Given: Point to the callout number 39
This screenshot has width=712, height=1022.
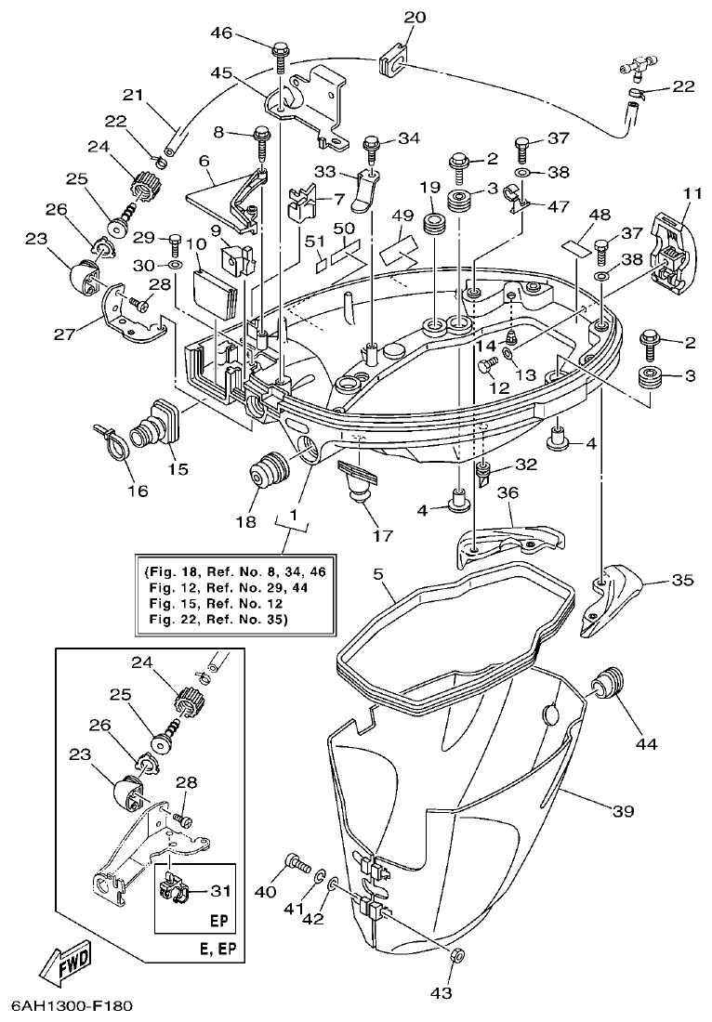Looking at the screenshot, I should [622, 811].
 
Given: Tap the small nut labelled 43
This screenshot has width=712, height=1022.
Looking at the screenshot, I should [455, 955].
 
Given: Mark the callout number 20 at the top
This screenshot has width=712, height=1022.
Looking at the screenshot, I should [415, 18].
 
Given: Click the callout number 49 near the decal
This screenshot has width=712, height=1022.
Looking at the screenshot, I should [402, 216].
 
